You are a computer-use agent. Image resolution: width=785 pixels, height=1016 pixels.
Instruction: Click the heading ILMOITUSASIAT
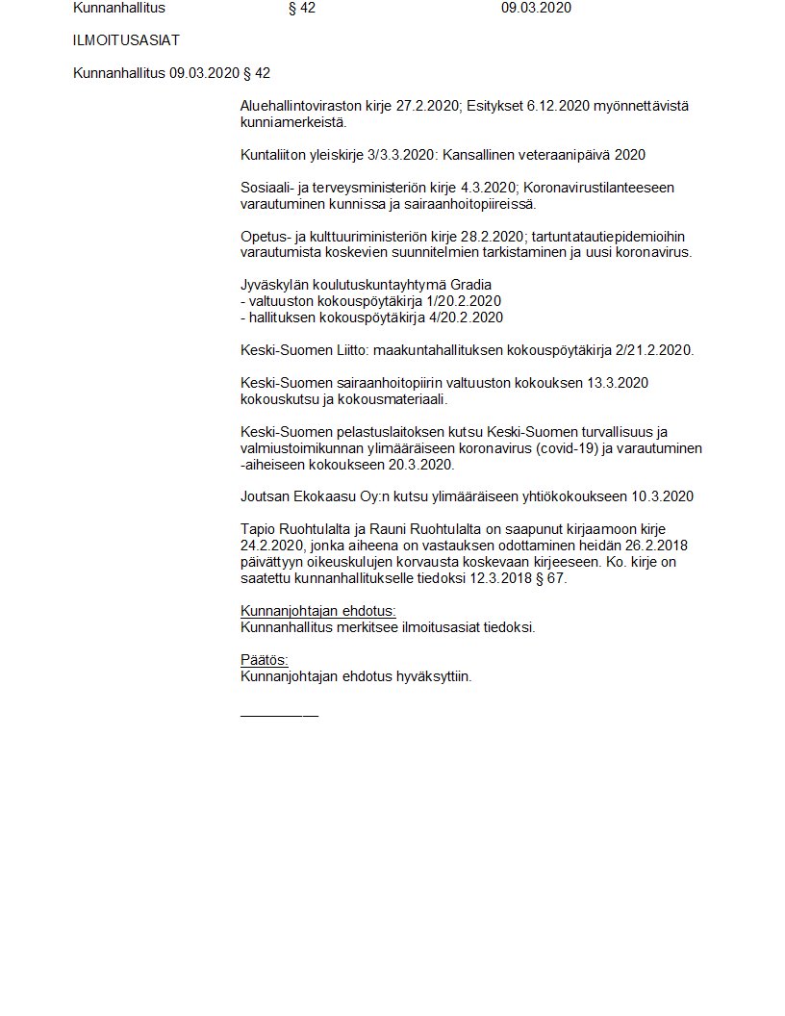click(x=126, y=40)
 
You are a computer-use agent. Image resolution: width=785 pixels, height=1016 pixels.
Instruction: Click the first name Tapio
click(x=258, y=529)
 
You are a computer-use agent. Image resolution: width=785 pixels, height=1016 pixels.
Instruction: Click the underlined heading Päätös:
click(x=264, y=660)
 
